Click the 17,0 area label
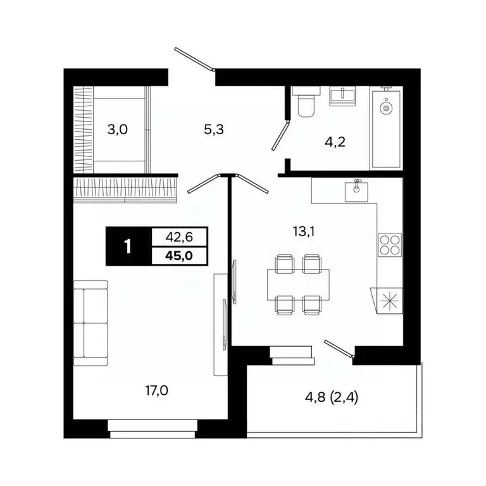coord(156,390)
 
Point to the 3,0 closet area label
coord(117,130)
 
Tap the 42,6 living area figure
coord(180,237)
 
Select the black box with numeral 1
coord(129,246)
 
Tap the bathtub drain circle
coord(385,108)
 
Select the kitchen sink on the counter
coord(357,188)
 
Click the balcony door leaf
coord(339,349)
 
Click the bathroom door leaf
coord(280,134)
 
